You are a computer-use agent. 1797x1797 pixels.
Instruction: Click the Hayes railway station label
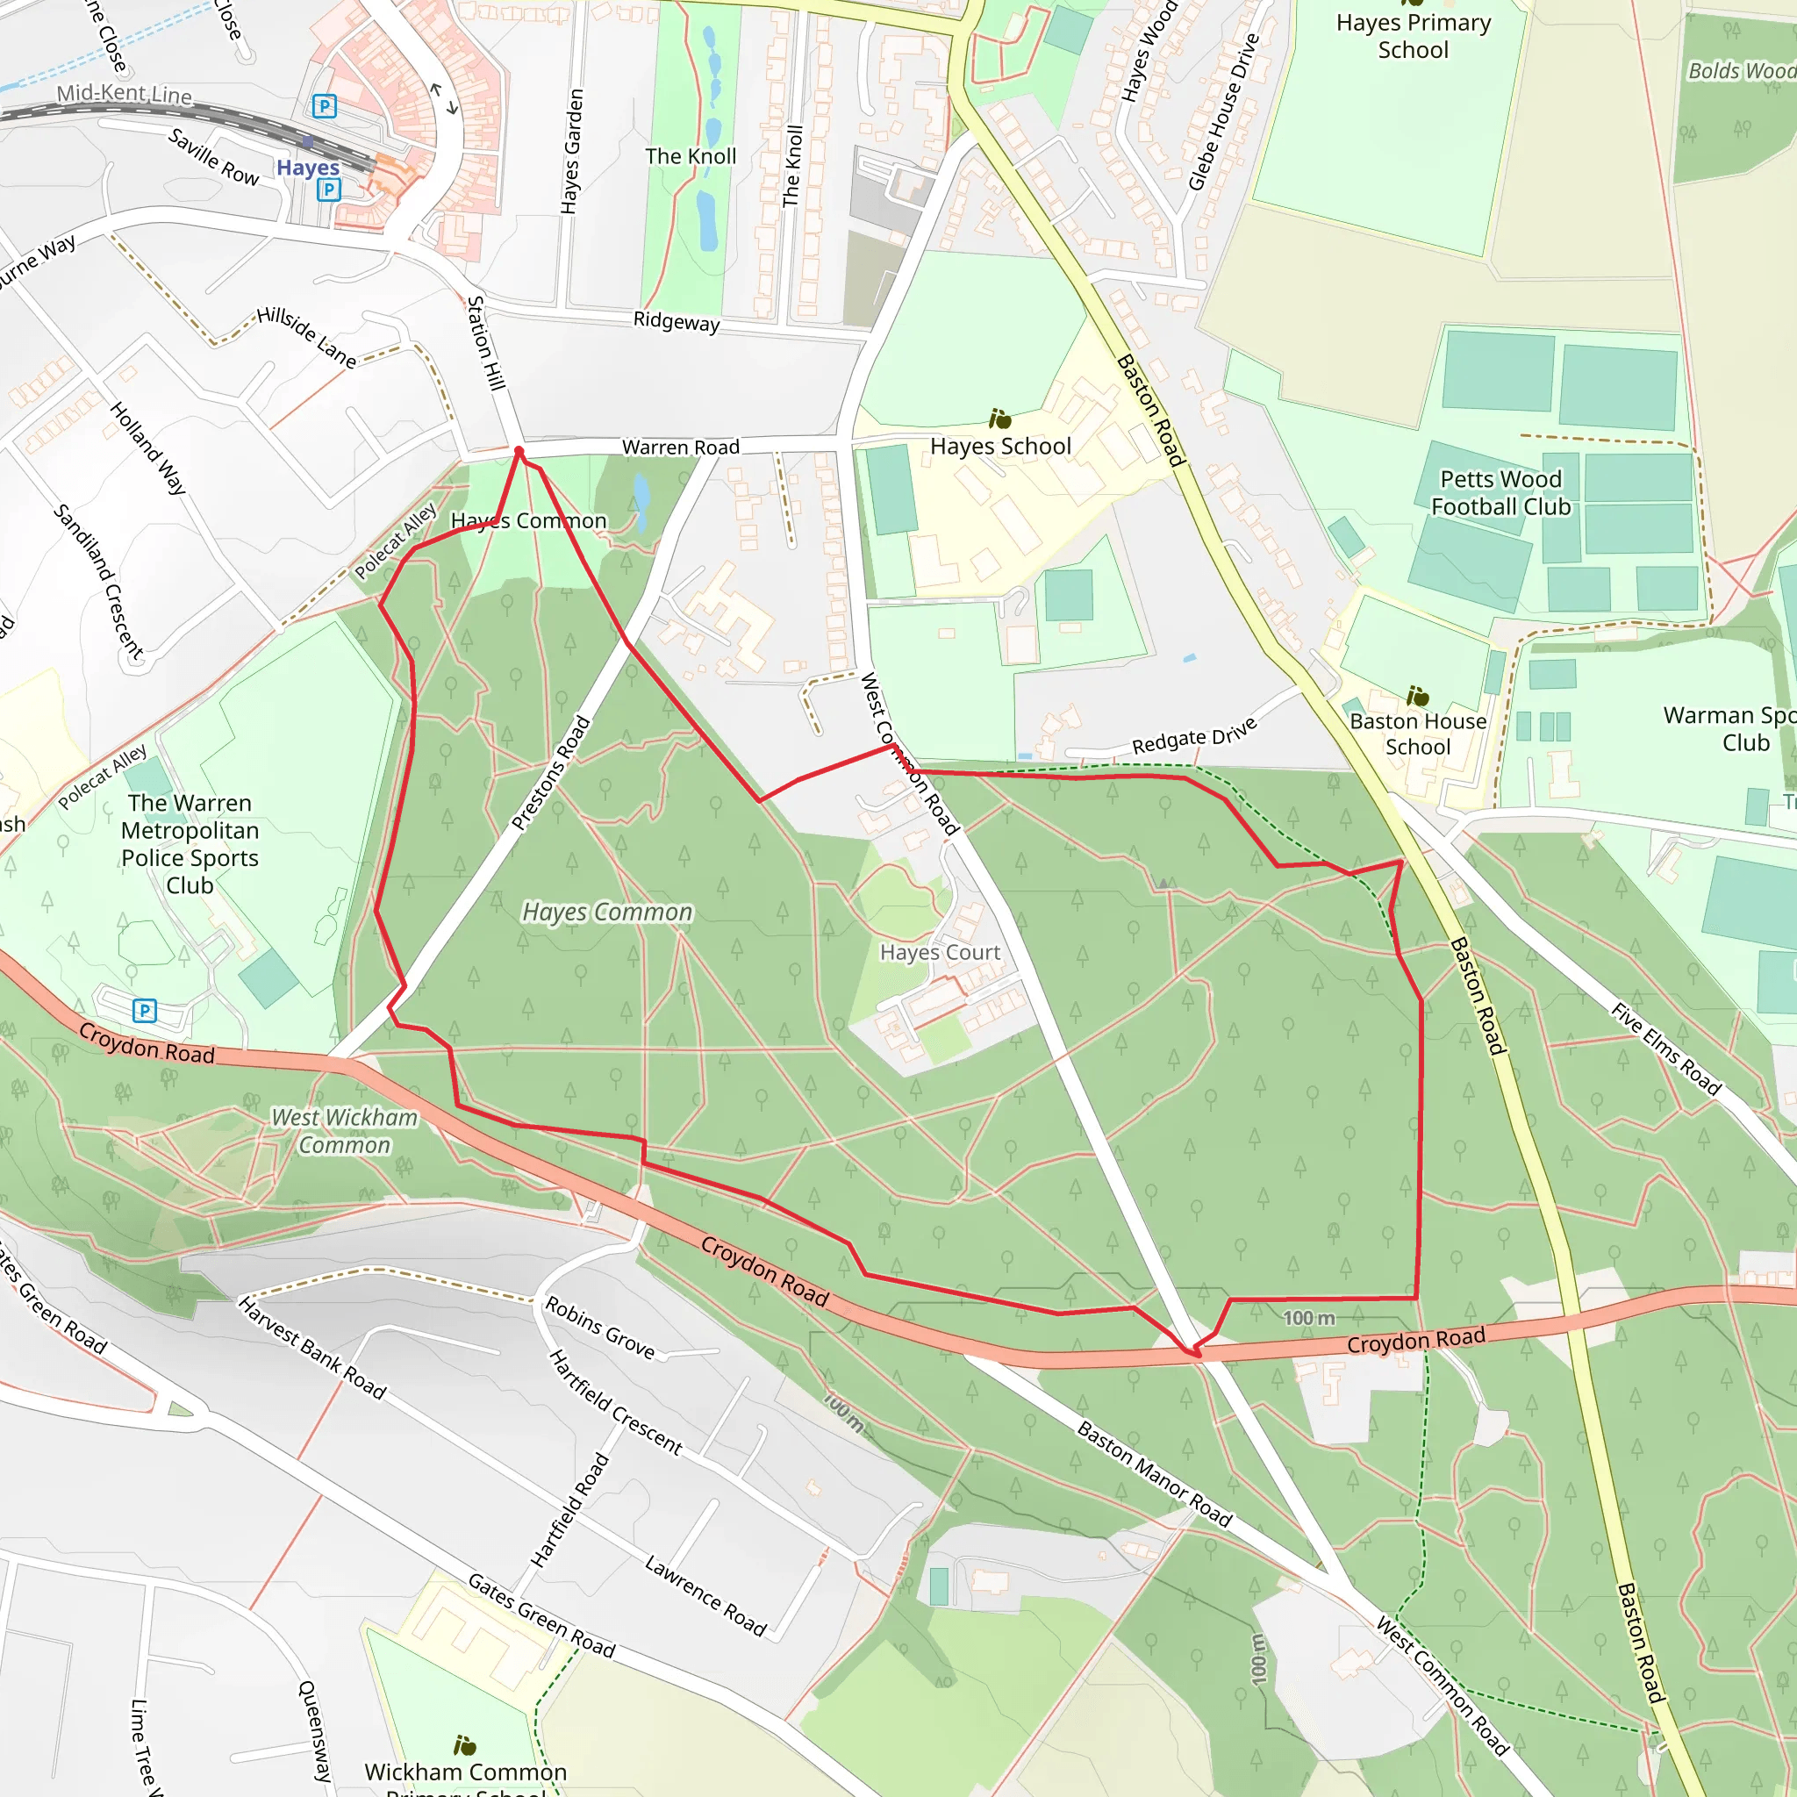tap(308, 168)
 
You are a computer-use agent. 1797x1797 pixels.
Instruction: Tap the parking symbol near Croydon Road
tap(144, 1010)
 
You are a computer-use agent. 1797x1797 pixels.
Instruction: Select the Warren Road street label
tap(681, 447)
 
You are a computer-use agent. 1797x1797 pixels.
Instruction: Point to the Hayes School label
tap(1001, 447)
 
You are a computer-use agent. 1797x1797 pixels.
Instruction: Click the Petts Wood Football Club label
tap(1500, 493)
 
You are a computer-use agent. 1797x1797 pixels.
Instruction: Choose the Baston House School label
tap(1418, 734)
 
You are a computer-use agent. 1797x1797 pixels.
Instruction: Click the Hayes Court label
tap(940, 952)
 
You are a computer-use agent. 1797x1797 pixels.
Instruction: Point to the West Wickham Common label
tap(344, 1131)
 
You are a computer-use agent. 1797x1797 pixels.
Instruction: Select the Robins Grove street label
tap(600, 1327)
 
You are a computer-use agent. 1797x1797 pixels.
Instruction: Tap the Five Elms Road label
tap(1666, 1049)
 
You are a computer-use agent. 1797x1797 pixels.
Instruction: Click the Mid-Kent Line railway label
tap(125, 94)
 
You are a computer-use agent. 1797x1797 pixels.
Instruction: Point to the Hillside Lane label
tap(306, 337)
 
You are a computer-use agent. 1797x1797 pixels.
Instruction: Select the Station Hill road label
tap(485, 343)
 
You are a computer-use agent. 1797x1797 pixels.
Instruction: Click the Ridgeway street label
tap(677, 321)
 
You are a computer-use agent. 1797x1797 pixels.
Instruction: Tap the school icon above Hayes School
tap(1000, 419)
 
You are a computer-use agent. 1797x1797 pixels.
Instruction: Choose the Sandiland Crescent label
tap(97, 582)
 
